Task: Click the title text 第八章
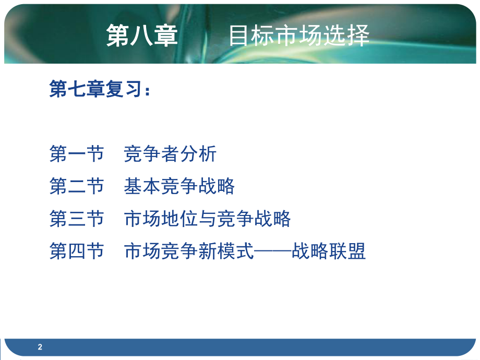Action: click(x=142, y=36)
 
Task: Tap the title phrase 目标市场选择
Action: click(x=299, y=36)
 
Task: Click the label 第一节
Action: click(x=77, y=154)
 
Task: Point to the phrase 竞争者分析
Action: click(x=170, y=154)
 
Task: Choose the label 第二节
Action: click(x=77, y=186)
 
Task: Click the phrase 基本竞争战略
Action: click(x=179, y=186)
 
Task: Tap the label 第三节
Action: click(x=77, y=219)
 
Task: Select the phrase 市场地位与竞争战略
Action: click(x=207, y=219)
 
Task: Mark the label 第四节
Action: click(x=77, y=251)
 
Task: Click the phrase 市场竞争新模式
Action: click(x=189, y=251)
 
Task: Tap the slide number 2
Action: click(x=40, y=347)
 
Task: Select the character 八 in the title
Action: click(x=142, y=37)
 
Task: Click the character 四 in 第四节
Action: click(x=77, y=251)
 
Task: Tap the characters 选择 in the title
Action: click(x=352, y=36)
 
